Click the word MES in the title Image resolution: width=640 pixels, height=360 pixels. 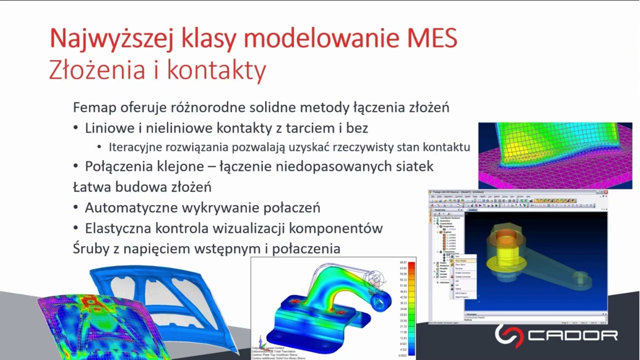(x=428, y=38)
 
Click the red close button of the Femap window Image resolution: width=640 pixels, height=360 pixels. (x=605, y=192)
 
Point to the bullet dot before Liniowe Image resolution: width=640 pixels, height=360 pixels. (x=75, y=128)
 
